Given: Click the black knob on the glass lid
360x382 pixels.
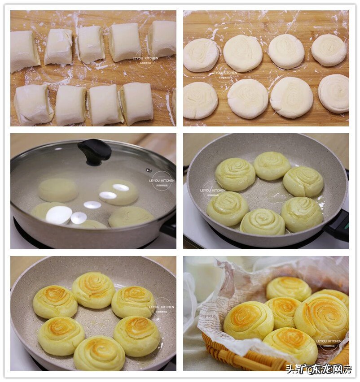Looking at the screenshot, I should [x=94, y=151].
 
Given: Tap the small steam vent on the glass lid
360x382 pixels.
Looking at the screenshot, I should [x=149, y=170].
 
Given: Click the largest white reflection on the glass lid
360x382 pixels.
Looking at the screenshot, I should [x=58, y=215].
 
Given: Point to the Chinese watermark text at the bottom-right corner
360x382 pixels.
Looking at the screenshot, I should [x=318, y=369].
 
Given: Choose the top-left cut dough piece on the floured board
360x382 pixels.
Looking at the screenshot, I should [x=24, y=51].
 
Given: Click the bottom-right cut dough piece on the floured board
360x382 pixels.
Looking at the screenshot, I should [x=137, y=104].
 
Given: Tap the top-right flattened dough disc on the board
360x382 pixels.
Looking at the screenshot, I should [x=329, y=50].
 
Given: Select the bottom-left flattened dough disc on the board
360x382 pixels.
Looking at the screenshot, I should [x=200, y=100].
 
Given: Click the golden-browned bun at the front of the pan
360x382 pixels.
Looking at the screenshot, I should [x=99, y=353].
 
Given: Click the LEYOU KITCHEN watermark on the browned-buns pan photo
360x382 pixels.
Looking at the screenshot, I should [x=161, y=307].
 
